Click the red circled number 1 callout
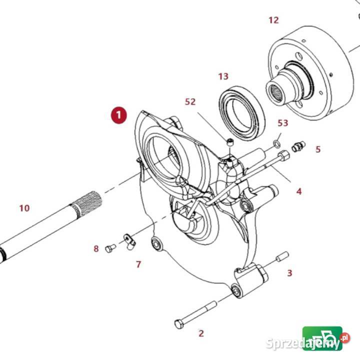[x=118, y=114]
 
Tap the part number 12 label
[x=273, y=20]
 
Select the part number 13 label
[x=223, y=76]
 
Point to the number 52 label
[x=190, y=101]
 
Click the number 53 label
[x=283, y=123]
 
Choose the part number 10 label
[x=24, y=207]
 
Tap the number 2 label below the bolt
[x=201, y=333]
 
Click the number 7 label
[x=138, y=264]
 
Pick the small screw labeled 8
[x=110, y=248]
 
